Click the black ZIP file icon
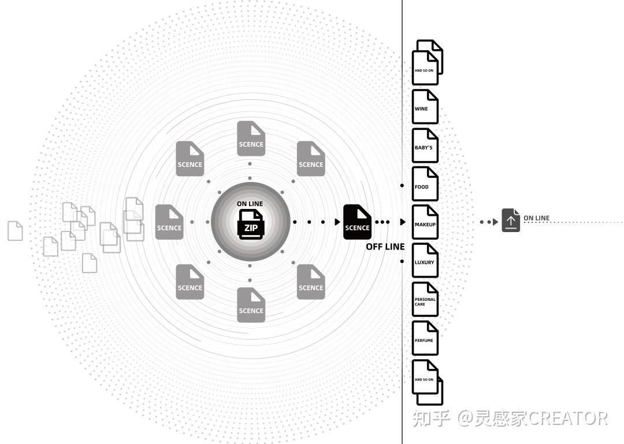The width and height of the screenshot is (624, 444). tap(251, 224)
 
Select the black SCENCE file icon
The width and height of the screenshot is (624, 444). tap(357, 222)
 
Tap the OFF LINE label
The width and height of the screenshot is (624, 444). tap(385, 247)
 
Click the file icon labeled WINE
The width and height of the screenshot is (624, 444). tap(425, 106)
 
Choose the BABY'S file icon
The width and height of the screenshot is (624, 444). tap(425, 145)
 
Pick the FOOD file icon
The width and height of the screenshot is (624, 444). tap(425, 184)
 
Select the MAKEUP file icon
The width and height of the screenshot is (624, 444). tap(425, 222)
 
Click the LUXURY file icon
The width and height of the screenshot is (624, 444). tap(425, 260)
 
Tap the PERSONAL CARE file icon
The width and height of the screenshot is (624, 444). tap(425, 299)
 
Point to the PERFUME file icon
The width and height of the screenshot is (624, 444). tap(425, 338)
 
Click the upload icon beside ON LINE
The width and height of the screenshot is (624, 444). tap(511, 221)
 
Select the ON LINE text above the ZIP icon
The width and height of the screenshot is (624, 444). tap(250, 204)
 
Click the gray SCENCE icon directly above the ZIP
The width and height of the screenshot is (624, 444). tap(251, 139)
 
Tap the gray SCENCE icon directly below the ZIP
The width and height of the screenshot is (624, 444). tap(251, 305)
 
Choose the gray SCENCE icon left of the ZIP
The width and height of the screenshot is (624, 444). tap(169, 222)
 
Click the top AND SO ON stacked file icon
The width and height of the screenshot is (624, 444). tap(426, 64)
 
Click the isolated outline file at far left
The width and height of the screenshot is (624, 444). tap(15, 230)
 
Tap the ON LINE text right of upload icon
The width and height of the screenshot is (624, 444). tap(536, 218)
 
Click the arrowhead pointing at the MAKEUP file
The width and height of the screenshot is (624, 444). tap(403, 222)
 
